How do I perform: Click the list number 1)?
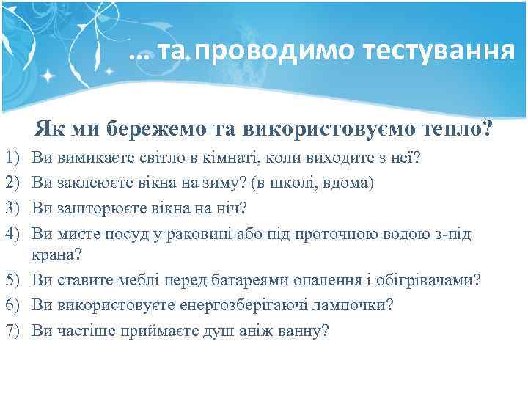pyautogui.click(x=12, y=158)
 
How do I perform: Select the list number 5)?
pyautogui.click(x=12, y=279)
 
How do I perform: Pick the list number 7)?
pyautogui.click(x=12, y=331)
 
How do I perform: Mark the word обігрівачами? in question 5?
pyautogui.click(x=435, y=279)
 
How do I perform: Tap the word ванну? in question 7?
pyautogui.click(x=303, y=331)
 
